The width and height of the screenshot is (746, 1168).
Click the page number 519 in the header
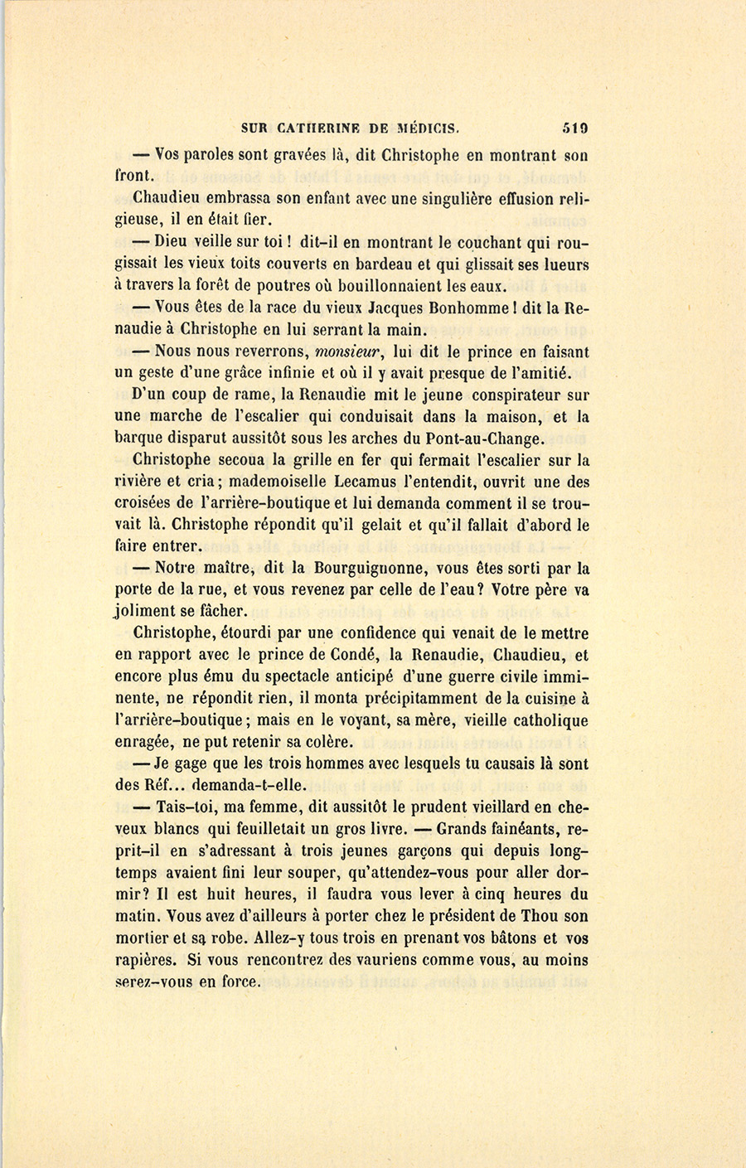(x=574, y=128)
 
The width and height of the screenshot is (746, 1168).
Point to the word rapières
(x=145, y=960)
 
